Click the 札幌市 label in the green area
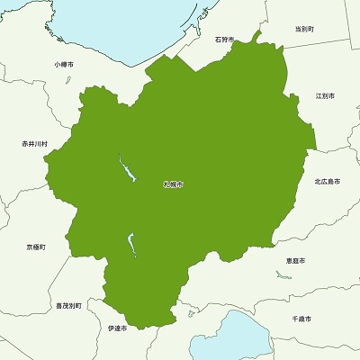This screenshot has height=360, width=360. coord(173,184)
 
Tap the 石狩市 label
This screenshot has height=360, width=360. coord(224,40)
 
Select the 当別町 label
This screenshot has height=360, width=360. coord(304,29)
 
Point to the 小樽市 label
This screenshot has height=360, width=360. coord(64,65)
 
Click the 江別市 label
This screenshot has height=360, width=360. coord(325,94)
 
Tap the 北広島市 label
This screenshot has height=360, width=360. coord(327,182)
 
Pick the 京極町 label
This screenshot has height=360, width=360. coord(36,246)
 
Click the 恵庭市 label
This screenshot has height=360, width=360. coord(294,260)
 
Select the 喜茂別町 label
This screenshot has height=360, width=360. coord(68,306)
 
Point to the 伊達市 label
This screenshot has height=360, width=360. coord(117,328)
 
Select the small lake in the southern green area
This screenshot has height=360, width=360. coord(131,243)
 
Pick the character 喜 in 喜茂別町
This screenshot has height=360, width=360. coord(58,306)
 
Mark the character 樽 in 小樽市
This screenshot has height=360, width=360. coord(64,65)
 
